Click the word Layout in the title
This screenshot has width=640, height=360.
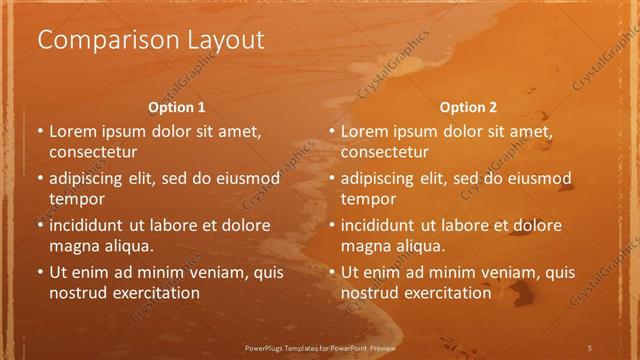click(221, 41)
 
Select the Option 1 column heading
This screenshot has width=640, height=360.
click(177, 107)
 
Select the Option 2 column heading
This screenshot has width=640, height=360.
click(468, 107)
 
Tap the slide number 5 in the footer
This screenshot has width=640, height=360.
click(590, 346)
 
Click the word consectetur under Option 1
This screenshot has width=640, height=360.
click(92, 152)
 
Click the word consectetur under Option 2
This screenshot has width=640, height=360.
click(384, 152)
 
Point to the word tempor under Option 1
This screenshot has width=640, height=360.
click(75, 199)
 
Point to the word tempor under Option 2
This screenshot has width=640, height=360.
click(367, 199)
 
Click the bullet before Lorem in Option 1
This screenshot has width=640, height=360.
click(40, 132)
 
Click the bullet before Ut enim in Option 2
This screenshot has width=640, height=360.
click(332, 272)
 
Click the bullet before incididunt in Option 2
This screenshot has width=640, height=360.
click(332, 225)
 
